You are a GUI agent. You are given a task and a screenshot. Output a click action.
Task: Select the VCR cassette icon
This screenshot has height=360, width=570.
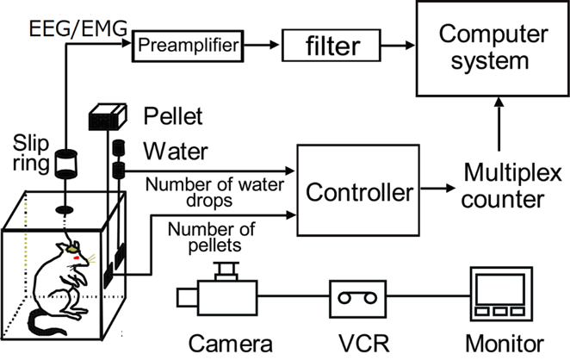pyautogui.click(x=356, y=297)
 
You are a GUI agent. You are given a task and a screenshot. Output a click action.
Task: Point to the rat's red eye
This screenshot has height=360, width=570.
pyautogui.click(x=79, y=258)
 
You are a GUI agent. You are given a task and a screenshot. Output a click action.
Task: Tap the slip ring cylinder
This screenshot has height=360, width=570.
pyautogui.click(x=65, y=164)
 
